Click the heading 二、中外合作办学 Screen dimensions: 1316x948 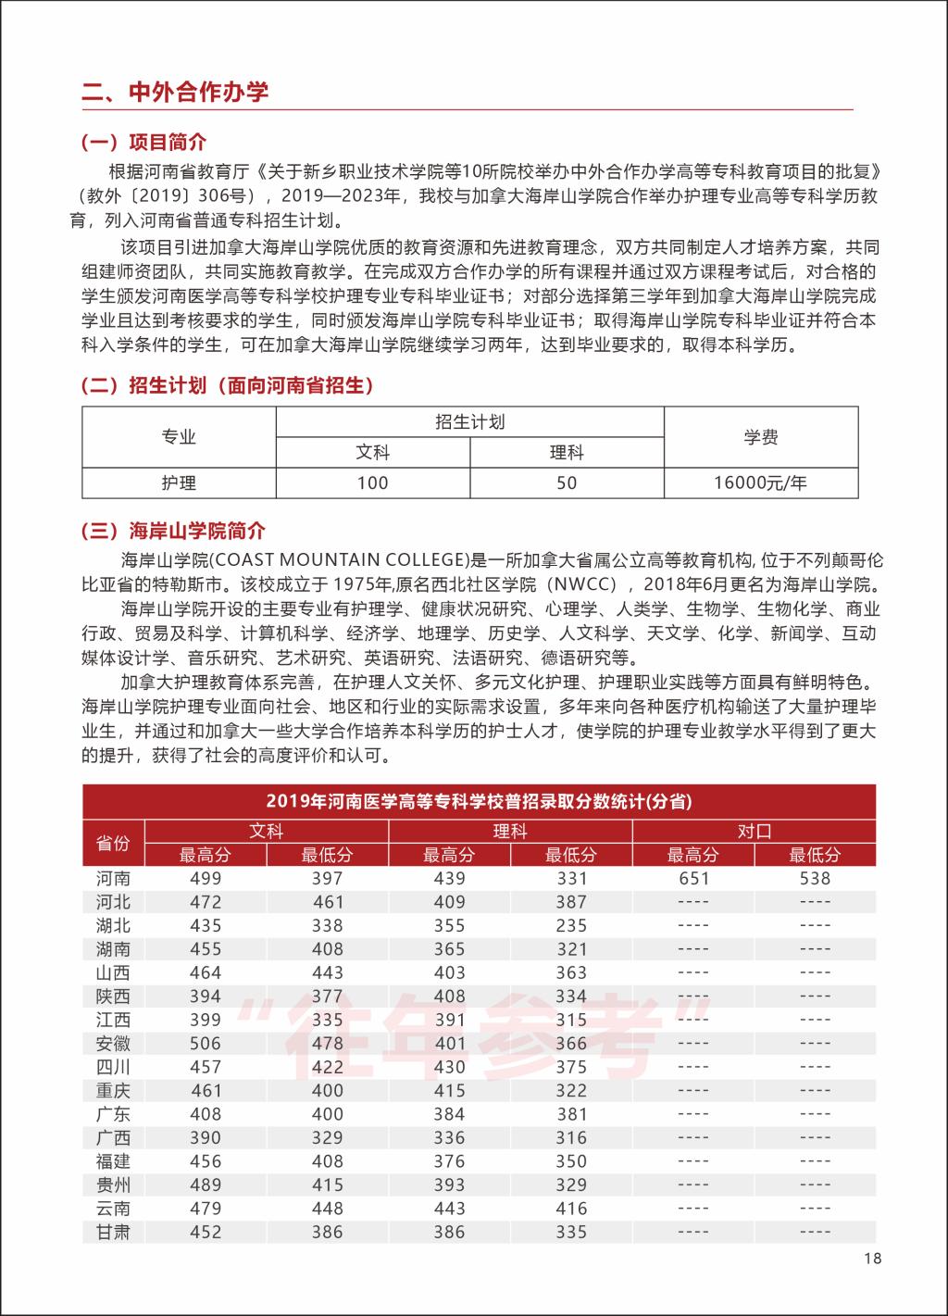[x=176, y=92]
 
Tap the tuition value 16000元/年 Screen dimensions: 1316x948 [x=760, y=483]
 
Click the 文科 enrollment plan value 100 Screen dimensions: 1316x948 [x=372, y=483]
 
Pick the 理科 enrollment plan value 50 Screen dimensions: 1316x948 [x=567, y=483]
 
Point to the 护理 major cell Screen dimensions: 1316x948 [x=179, y=483]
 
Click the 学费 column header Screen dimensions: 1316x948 [x=760, y=437]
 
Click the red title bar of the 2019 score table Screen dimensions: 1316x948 [x=479, y=801]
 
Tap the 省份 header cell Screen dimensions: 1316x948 [x=114, y=843]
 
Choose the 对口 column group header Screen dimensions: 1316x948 [x=754, y=831]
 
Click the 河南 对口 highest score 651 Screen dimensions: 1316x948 [x=693, y=878]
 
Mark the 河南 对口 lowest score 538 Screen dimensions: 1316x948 [x=815, y=878]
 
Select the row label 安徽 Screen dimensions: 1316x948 [x=114, y=1043]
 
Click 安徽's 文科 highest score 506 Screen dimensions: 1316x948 [x=206, y=1043]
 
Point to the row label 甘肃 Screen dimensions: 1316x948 [x=114, y=1232]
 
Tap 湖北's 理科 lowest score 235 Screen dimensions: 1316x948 [x=571, y=925]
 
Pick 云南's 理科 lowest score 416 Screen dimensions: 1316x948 [x=571, y=1208]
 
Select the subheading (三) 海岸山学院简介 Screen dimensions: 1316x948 [x=174, y=531]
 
